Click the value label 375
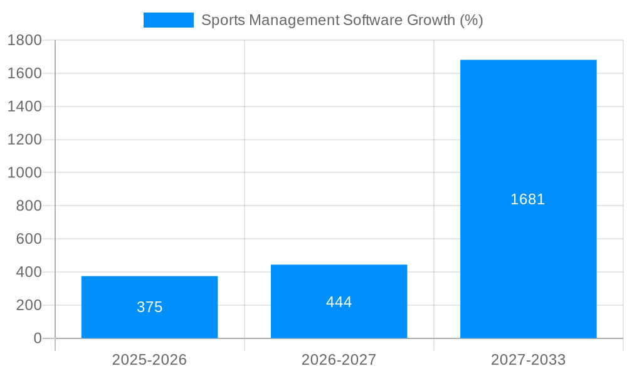click(149, 307)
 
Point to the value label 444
click(339, 302)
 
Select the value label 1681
click(528, 199)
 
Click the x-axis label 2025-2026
click(149, 360)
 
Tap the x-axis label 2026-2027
click(339, 360)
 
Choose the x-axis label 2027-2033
click(528, 360)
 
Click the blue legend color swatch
click(169, 20)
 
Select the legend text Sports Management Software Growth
click(342, 20)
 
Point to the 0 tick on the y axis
click(37, 338)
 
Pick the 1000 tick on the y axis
click(24, 172)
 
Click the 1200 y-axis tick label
click(24, 140)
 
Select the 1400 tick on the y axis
click(24, 107)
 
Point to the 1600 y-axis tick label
click(24, 73)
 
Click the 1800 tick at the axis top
click(24, 40)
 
